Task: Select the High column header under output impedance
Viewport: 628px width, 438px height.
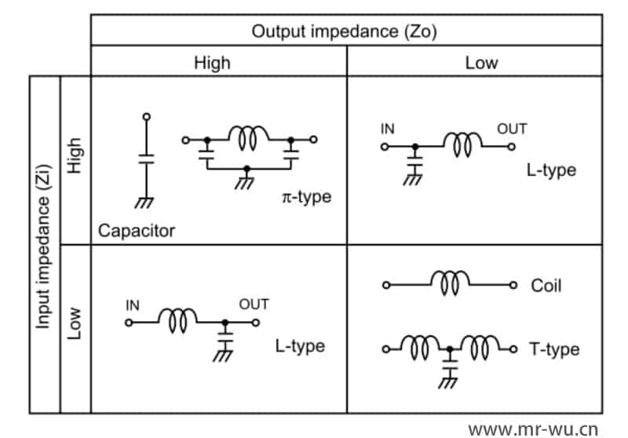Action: [214, 63]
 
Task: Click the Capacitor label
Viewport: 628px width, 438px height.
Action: [137, 231]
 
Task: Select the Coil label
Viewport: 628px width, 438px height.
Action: [546, 286]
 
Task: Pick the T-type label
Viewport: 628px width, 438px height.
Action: [554, 349]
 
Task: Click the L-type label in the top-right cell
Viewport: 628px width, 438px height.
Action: [552, 170]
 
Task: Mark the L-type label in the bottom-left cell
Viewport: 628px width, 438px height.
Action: [300, 345]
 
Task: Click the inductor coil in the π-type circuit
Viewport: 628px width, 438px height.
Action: [248, 137]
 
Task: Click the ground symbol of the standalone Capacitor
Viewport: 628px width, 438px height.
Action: [144, 203]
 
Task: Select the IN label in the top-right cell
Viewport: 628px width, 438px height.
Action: [388, 129]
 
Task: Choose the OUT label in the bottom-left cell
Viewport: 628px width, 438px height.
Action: [254, 305]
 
